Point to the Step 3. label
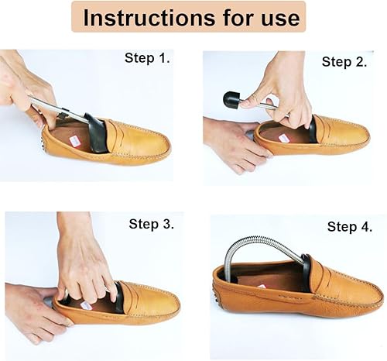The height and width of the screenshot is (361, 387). pyautogui.click(x=151, y=225)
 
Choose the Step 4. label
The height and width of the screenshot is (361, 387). pyautogui.click(x=352, y=226)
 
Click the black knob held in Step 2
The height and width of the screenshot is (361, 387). pyautogui.click(x=231, y=99)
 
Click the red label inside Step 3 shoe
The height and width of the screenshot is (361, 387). pyautogui.click(x=86, y=304)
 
